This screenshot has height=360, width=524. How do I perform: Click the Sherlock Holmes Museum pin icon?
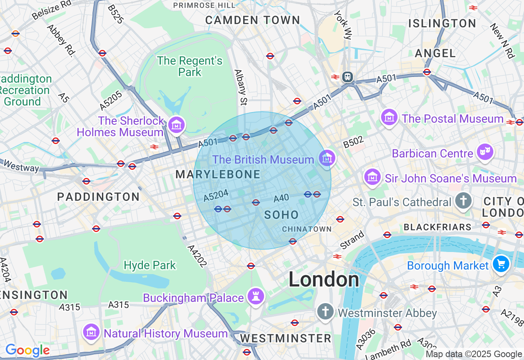[x=176, y=125]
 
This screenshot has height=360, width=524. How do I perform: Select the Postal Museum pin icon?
[x=389, y=118]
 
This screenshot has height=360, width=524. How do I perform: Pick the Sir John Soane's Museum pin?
[x=373, y=178]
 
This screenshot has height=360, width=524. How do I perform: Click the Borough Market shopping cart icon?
[x=501, y=264]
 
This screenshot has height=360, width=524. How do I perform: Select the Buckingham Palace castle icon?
[x=256, y=297]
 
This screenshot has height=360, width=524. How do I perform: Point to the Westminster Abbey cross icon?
[x=325, y=313]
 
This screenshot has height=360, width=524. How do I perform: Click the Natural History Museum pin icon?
[x=92, y=333]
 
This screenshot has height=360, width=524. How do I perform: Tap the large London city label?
[x=324, y=280]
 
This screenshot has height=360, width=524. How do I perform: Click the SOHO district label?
[x=282, y=215]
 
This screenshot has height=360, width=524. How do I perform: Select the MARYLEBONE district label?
[x=218, y=175]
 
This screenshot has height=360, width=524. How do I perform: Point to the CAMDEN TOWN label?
[x=253, y=20]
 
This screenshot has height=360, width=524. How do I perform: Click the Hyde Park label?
[x=150, y=265]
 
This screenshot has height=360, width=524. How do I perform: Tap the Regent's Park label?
[x=190, y=66]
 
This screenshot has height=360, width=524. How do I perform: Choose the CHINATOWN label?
[x=307, y=229]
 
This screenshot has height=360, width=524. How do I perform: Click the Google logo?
[x=27, y=350]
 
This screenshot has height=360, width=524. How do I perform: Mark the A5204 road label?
[x=216, y=195]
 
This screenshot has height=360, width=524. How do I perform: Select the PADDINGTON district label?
[x=98, y=197]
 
